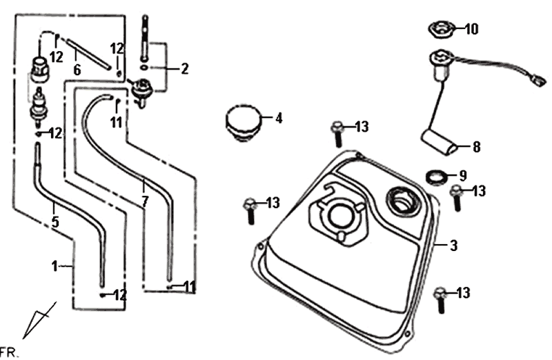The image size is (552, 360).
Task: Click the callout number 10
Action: click(471, 29)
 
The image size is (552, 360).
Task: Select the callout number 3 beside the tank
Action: click(453, 245)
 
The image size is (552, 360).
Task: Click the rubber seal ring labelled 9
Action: click(435, 176)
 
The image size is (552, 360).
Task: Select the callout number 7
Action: click(144, 202)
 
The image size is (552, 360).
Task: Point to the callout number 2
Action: click(184, 68)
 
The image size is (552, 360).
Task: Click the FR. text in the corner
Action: click(8, 352)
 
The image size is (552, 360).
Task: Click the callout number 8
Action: click(476, 146)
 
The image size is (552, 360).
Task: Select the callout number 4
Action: click(278, 118)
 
